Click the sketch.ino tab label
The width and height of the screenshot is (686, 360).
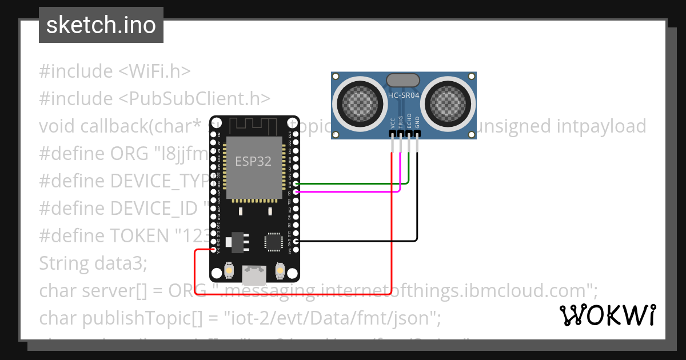click(101, 25)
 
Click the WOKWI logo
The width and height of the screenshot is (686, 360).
click(608, 315)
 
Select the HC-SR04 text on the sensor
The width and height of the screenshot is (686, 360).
click(404, 96)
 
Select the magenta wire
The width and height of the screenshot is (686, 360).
click(349, 192)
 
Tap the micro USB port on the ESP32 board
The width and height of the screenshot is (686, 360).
click(253, 275)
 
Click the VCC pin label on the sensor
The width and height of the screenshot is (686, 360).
click(392, 123)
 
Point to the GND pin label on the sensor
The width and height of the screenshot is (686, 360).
click(417, 123)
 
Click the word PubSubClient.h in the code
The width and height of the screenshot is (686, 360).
click(194, 98)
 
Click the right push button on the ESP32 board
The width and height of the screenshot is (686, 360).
click(280, 270)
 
